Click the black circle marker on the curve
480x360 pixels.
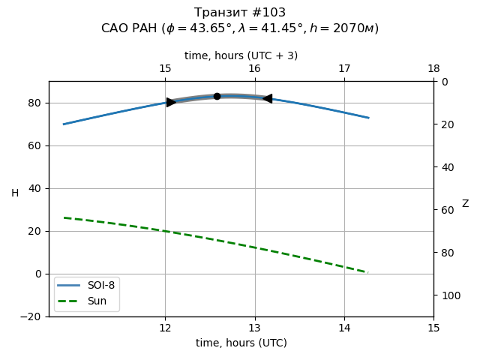click(x=217, y=96)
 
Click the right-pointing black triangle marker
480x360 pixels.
click(x=171, y=102)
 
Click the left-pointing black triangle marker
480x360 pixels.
click(x=267, y=98)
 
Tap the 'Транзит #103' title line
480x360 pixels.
click(x=240, y=13)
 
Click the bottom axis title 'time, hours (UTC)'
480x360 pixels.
click(x=241, y=343)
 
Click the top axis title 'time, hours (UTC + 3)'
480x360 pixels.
click(x=241, y=55)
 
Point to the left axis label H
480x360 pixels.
click(x=15, y=193)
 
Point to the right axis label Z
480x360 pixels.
click(x=465, y=204)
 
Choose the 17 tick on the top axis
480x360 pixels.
click(x=344, y=69)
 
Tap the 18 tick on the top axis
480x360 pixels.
click(x=433, y=69)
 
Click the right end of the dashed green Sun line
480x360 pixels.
click(x=367, y=272)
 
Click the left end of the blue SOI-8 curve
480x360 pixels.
click(x=64, y=124)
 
